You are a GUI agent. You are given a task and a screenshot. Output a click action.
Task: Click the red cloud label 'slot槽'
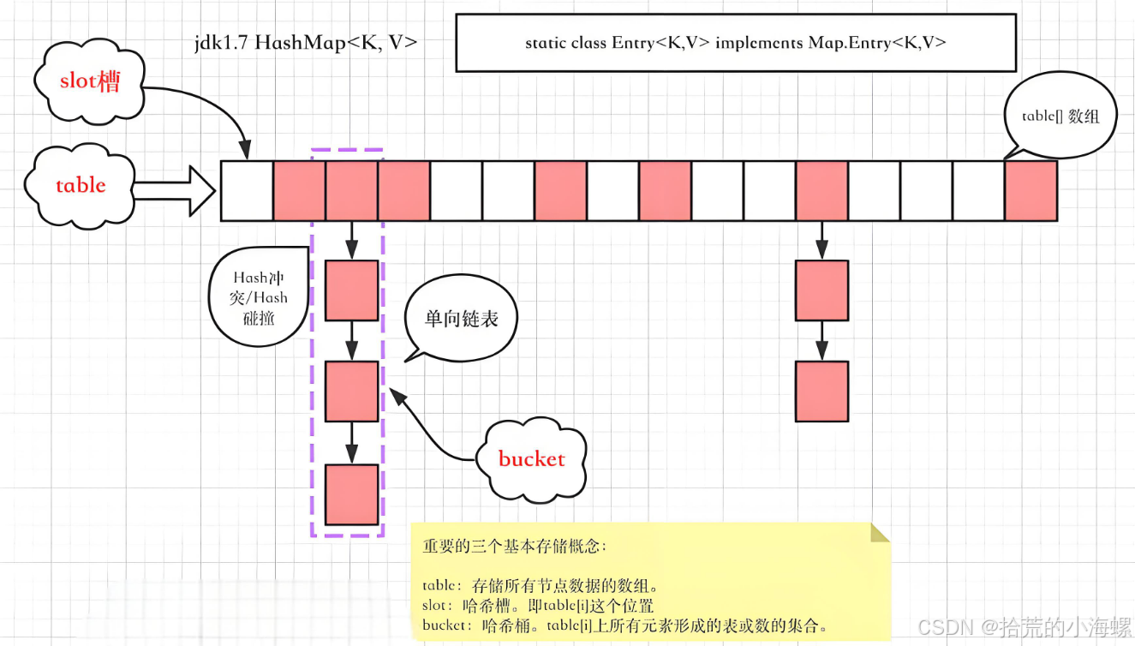pos(89,81)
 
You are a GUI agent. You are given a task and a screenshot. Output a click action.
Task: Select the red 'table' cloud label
pos(81,186)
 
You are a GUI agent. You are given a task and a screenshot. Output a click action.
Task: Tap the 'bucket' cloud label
pos(531,459)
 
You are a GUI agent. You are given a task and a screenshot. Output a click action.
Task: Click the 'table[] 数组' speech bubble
pos(1060,117)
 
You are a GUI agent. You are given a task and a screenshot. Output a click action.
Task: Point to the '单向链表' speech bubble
pos(461,320)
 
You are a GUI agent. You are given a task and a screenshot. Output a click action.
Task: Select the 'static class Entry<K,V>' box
pos(735,43)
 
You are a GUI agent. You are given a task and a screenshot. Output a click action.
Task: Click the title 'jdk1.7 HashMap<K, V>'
pos(306,43)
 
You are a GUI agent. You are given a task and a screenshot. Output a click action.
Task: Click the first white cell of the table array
pos(247,190)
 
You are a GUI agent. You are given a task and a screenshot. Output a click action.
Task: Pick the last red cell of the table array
pos(1030,190)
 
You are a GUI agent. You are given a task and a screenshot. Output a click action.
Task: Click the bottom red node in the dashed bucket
pos(351,494)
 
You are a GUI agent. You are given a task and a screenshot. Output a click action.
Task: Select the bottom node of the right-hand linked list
pos(821,392)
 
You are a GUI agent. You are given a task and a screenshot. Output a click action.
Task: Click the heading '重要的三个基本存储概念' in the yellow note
pos(514,547)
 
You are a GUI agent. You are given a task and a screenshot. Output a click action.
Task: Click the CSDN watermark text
pos(1023,628)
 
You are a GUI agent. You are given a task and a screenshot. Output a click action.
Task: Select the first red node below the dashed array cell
pos(351,290)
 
